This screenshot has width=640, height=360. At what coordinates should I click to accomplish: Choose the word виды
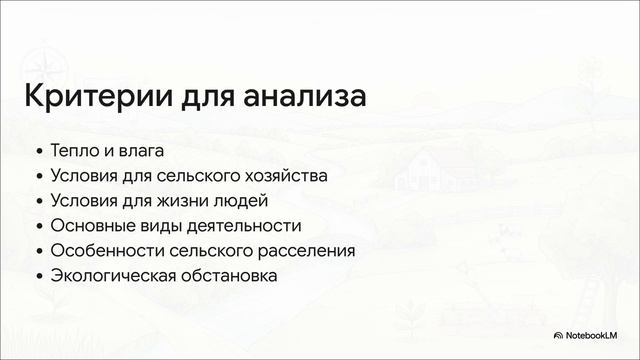pyautogui.click(x=165, y=226)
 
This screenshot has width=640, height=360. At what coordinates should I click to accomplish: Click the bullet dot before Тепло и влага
pyautogui.click(x=39, y=153)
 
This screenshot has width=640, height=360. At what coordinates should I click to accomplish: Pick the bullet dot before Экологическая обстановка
pyautogui.click(x=39, y=276)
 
